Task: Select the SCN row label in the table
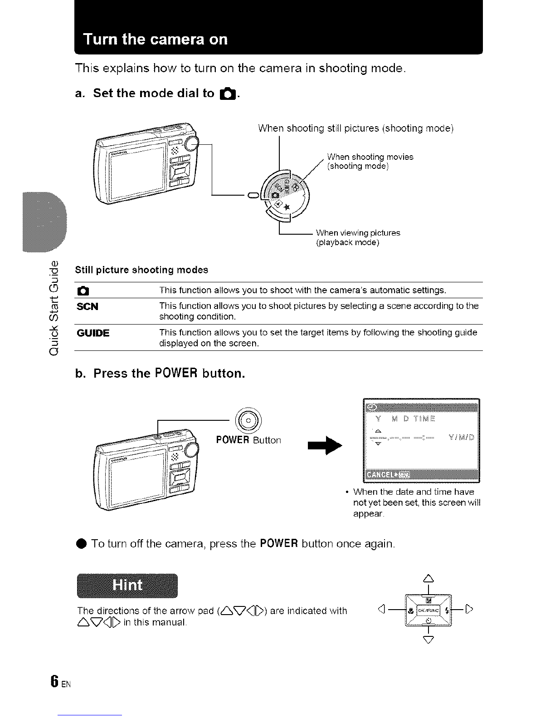[88, 306]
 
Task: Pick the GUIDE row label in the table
[93, 333]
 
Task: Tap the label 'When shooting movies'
[370, 157]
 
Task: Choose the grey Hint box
[127, 586]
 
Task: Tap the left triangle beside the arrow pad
[381, 610]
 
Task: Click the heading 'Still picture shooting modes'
[141, 270]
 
